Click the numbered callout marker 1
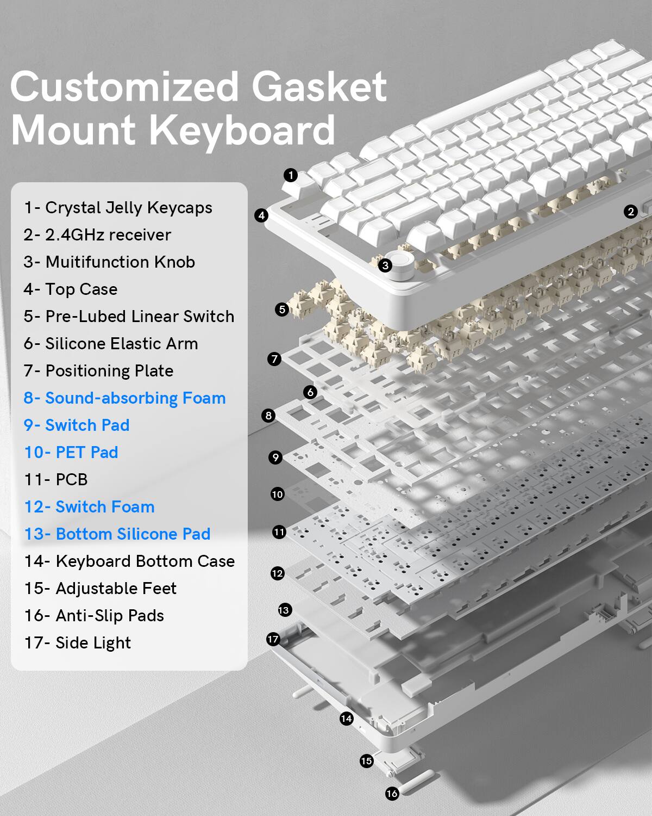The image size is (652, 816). pos(291,175)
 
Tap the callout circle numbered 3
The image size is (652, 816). pos(385,265)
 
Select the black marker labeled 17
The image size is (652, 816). pos(273,639)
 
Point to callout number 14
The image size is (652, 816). pos(346,719)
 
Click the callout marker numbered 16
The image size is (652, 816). pos(392,794)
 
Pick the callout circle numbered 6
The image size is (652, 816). pos(310,392)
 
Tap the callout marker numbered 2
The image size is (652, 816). pos(630,212)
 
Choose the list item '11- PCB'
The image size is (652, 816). pos(56,480)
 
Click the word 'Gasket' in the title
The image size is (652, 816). pos(319,87)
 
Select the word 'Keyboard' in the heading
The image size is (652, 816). pos(242,131)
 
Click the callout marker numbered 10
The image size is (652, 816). pos(277,494)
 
